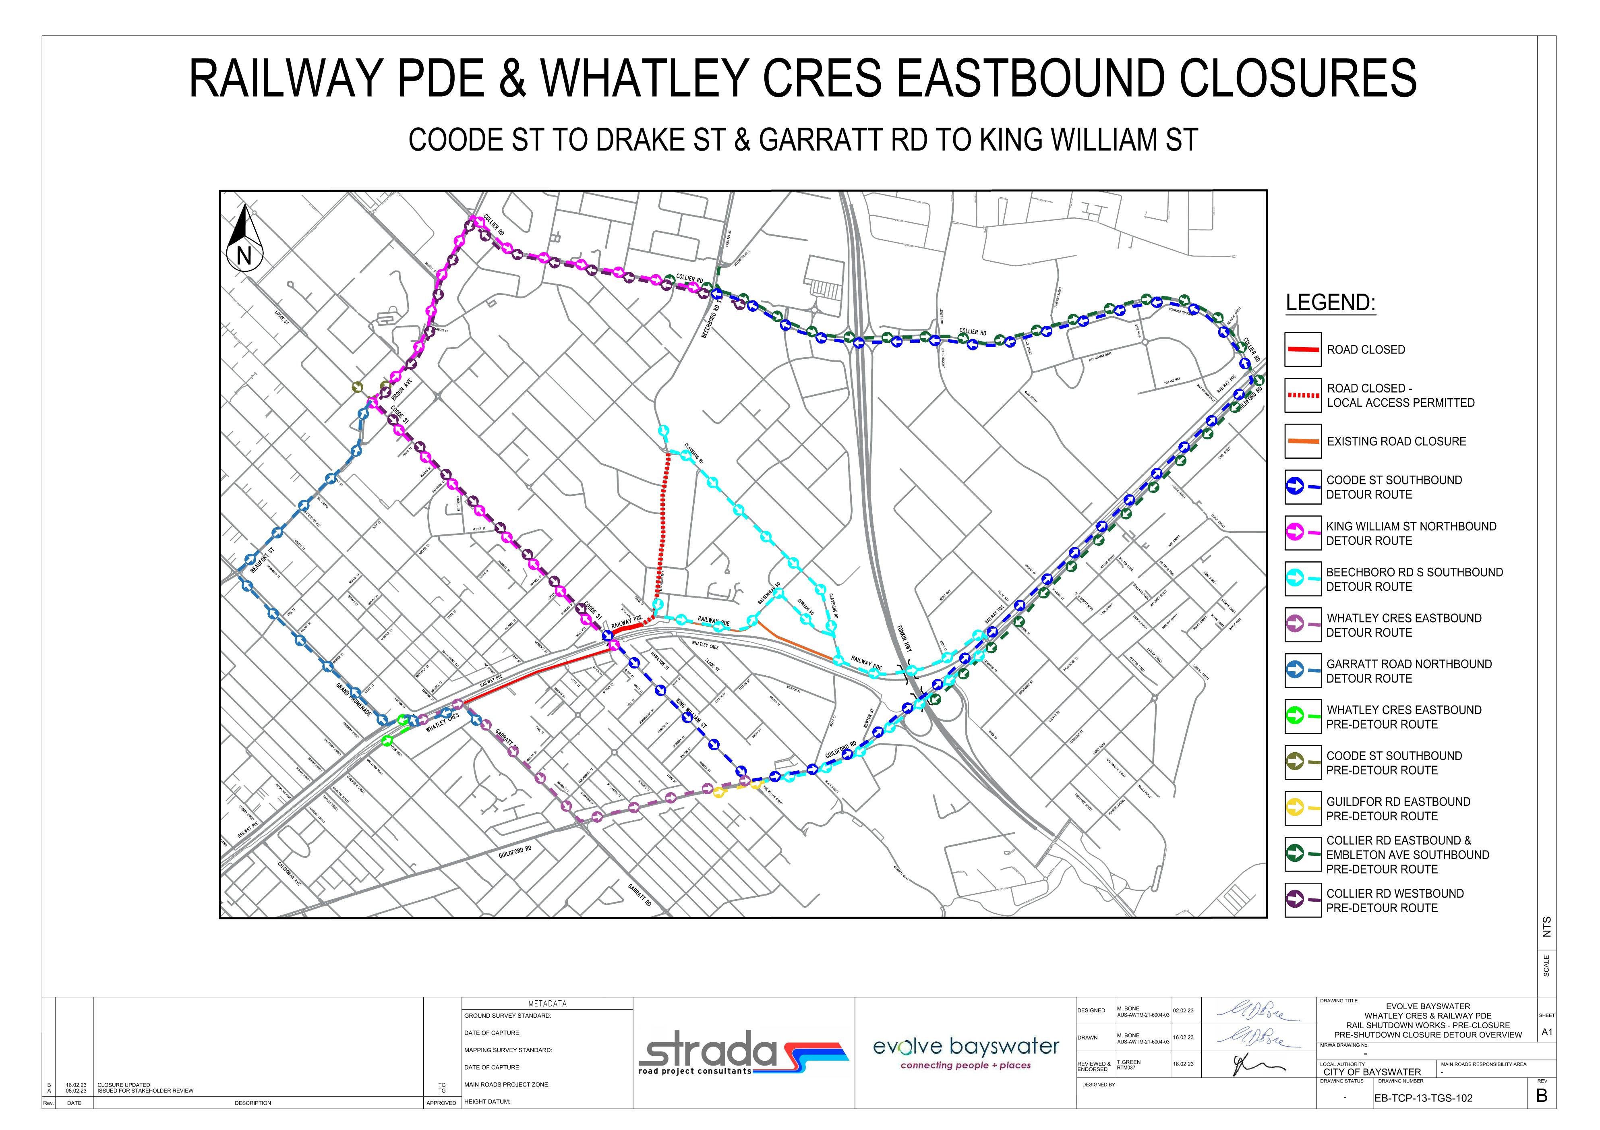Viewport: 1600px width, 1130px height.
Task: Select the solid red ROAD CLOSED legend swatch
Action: click(1302, 349)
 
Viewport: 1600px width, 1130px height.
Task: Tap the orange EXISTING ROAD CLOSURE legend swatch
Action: click(1302, 441)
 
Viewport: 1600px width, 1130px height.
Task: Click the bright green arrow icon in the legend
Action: click(1296, 716)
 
